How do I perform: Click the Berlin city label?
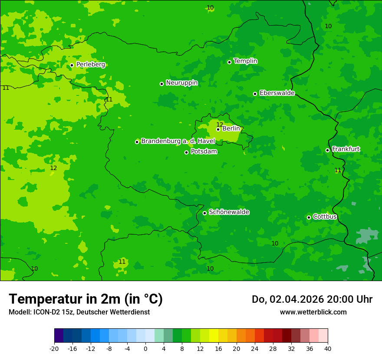click(x=231, y=129)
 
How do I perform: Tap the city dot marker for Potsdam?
click(x=186, y=152)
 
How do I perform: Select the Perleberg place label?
click(x=90, y=65)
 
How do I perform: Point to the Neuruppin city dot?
click(x=161, y=84)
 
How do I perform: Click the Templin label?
click(x=245, y=61)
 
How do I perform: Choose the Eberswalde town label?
click(x=277, y=93)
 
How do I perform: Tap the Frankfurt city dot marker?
click(x=327, y=150)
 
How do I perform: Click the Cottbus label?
click(x=325, y=216)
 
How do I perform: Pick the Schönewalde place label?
click(x=229, y=212)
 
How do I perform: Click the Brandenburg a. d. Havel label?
click(x=178, y=141)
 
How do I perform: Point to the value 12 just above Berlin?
click(x=220, y=124)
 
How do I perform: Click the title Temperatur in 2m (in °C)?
click(x=86, y=299)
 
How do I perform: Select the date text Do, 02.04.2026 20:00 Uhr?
click(x=312, y=299)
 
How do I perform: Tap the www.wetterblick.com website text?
click(x=313, y=312)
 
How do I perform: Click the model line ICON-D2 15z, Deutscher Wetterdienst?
click(x=79, y=312)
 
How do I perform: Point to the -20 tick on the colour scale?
click(x=54, y=348)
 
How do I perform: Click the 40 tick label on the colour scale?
click(x=328, y=348)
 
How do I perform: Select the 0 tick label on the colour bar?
click(x=145, y=348)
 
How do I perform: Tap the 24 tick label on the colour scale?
click(x=255, y=348)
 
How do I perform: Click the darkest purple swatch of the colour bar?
click(x=59, y=336)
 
